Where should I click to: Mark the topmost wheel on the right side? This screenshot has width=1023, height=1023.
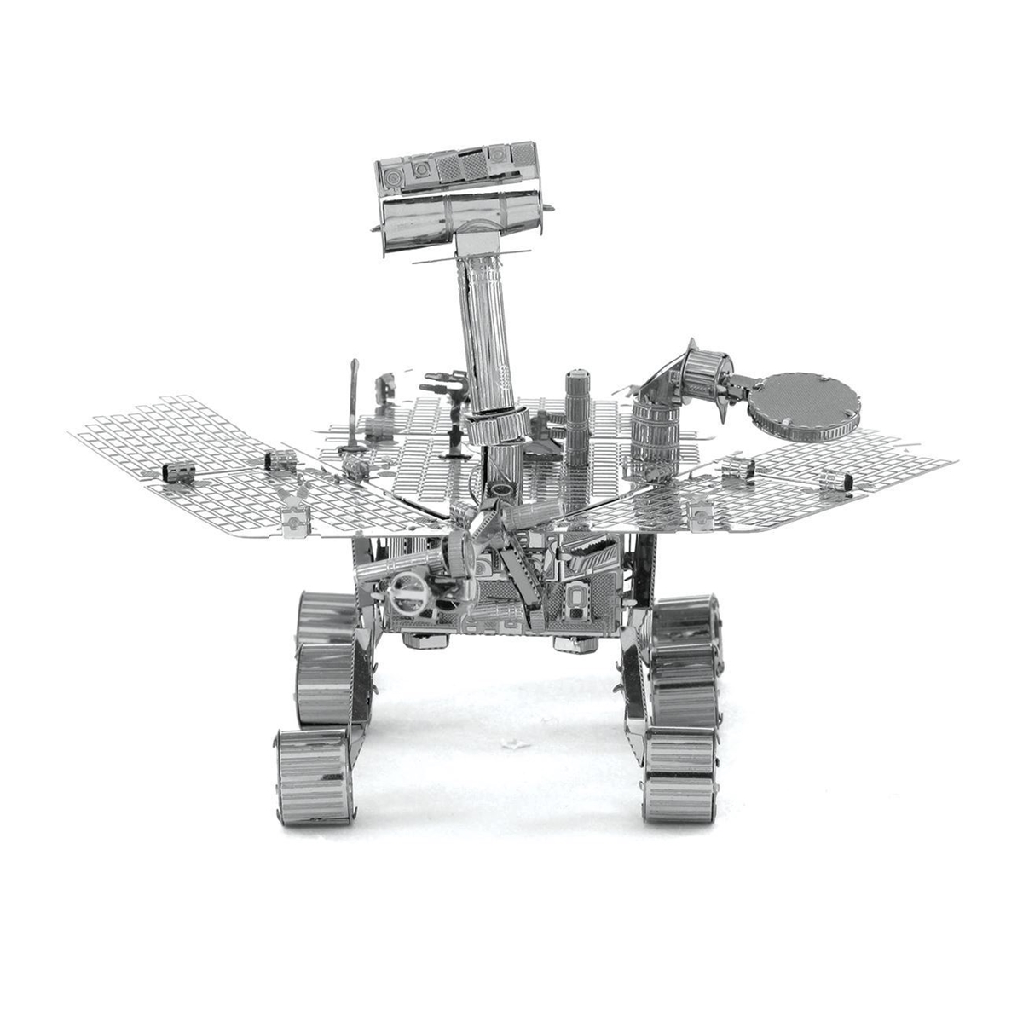[686, 622]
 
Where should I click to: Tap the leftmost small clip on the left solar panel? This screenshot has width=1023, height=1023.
[175, 470]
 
